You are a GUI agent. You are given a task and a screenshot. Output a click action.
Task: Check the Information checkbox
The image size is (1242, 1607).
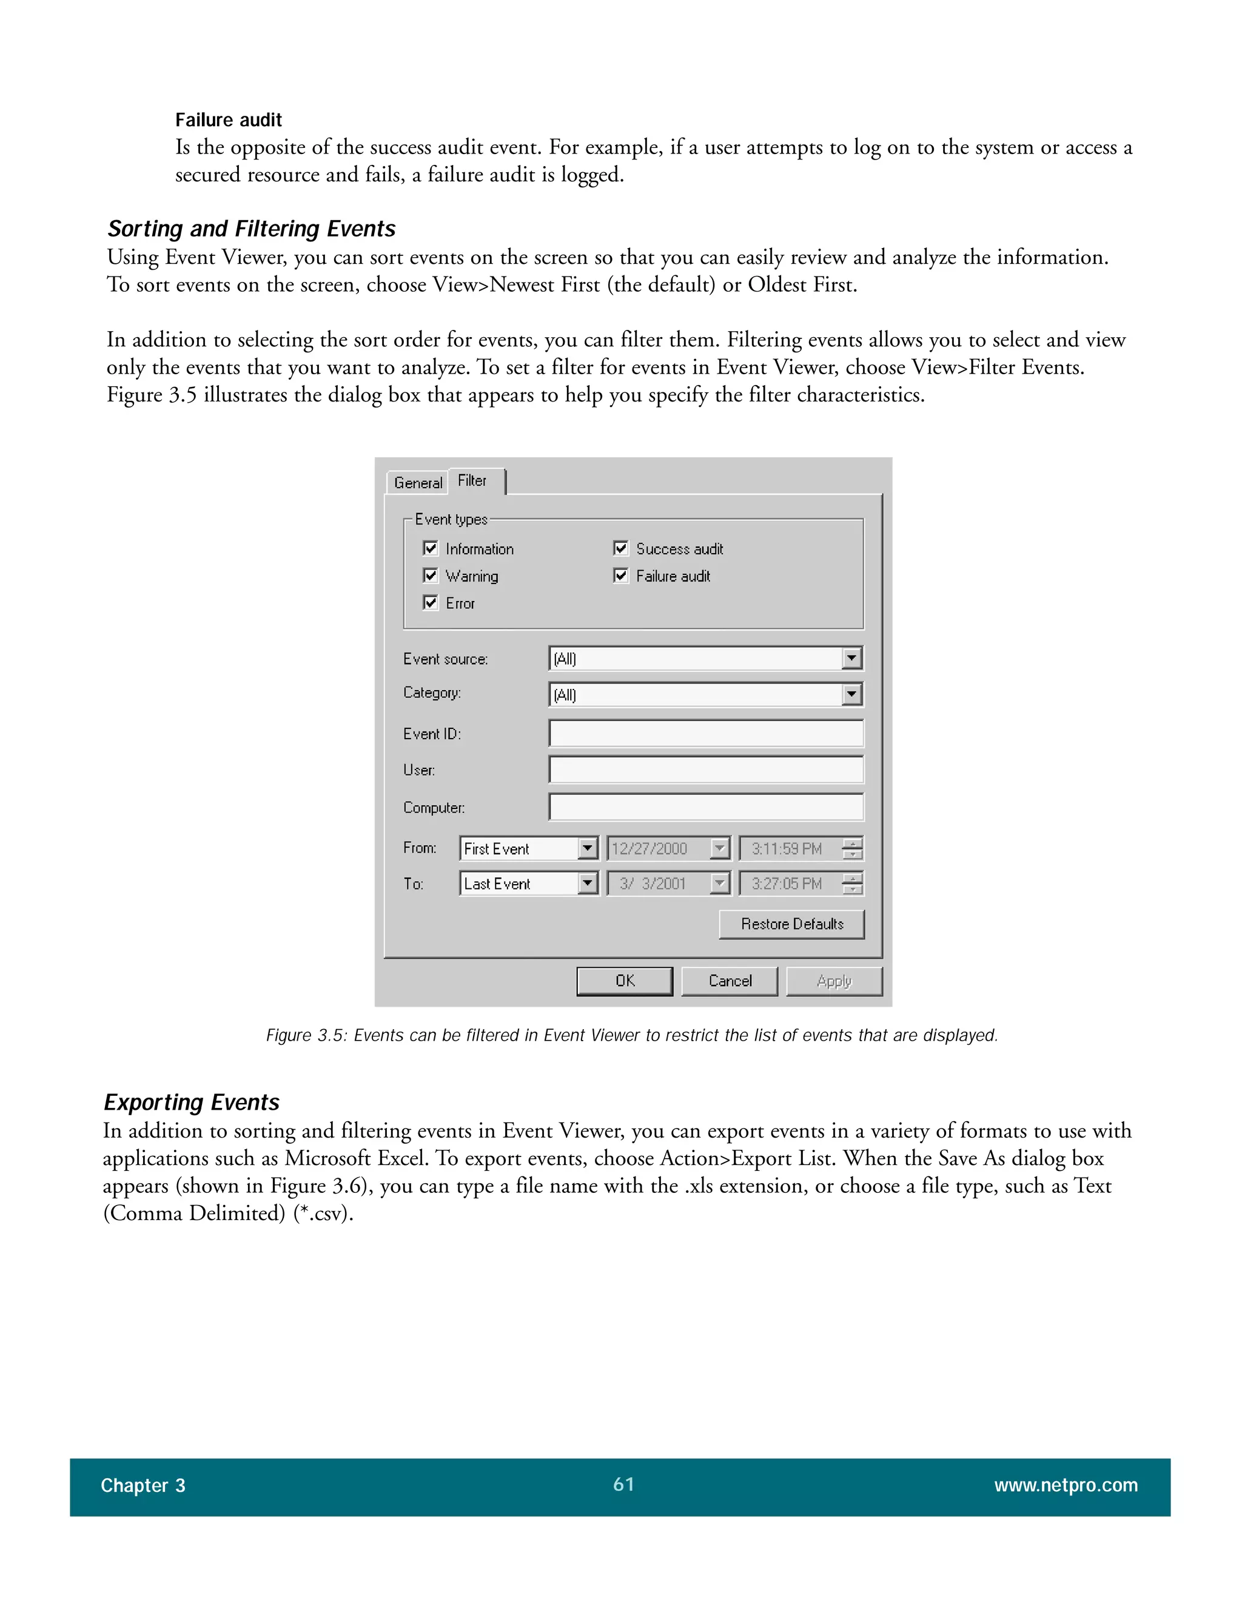pyautogui.click(x=431, y=548)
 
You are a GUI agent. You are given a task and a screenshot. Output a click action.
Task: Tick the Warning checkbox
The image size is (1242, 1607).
pyautogui.click(x=431, y=575)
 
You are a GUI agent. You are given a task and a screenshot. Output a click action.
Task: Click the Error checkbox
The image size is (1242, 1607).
pyautogui.click(x=431, y=603)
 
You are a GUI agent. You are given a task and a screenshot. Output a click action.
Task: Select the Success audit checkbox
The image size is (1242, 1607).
pyautogui.click(x=620, y=548)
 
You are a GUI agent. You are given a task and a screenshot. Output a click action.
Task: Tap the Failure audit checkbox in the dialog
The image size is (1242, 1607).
pyautogui.click(x=620, y=575)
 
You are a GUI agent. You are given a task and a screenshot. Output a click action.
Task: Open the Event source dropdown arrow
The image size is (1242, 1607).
pyautogui.click(x=851, y=658)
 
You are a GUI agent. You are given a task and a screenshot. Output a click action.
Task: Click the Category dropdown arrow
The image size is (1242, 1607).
pyautogui.click(x=851, y=694)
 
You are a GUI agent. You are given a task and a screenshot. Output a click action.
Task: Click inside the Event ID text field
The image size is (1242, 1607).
pyautogui.click(x=706, y=734)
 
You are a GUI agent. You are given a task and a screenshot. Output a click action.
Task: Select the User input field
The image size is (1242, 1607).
pyautogui.click(x=706, y=770)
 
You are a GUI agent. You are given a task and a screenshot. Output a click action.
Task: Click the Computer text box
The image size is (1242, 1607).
pyautogui.click(x=706, y=807)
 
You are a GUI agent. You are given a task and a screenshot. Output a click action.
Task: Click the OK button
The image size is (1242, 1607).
pyautogui.click(x=625, y=981)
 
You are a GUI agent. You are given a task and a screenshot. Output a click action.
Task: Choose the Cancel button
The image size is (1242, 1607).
pyautogui.click(x=729, y=981)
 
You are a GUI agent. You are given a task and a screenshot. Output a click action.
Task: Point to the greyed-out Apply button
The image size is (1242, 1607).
pyautogui.click(x=834, y=981)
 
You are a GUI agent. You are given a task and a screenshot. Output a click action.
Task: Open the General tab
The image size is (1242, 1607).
pyautogui.click(x=417, y=483)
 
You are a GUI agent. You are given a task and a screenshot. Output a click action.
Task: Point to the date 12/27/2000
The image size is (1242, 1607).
pyautogui.click(x=650, y=848)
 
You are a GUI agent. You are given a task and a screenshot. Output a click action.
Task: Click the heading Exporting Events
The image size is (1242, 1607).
pyautogui.click(x=191, y=1102)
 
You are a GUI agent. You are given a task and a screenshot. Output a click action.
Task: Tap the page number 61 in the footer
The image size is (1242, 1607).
pyautogui.click(x=623, y=1484)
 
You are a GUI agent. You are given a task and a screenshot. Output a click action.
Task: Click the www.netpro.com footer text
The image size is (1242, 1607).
pyautogui.click(x=1066, y=1486)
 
